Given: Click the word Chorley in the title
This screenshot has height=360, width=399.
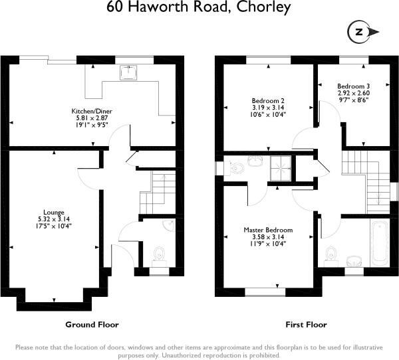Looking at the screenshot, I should point(262,8).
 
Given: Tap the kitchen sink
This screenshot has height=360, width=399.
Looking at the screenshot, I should point(127,71).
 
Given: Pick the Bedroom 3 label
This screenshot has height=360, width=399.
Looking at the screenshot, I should point(353,86).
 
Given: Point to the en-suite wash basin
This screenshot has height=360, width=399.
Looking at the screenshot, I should point(254,161).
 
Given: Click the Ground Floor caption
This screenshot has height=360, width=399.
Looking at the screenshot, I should point(91,325).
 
